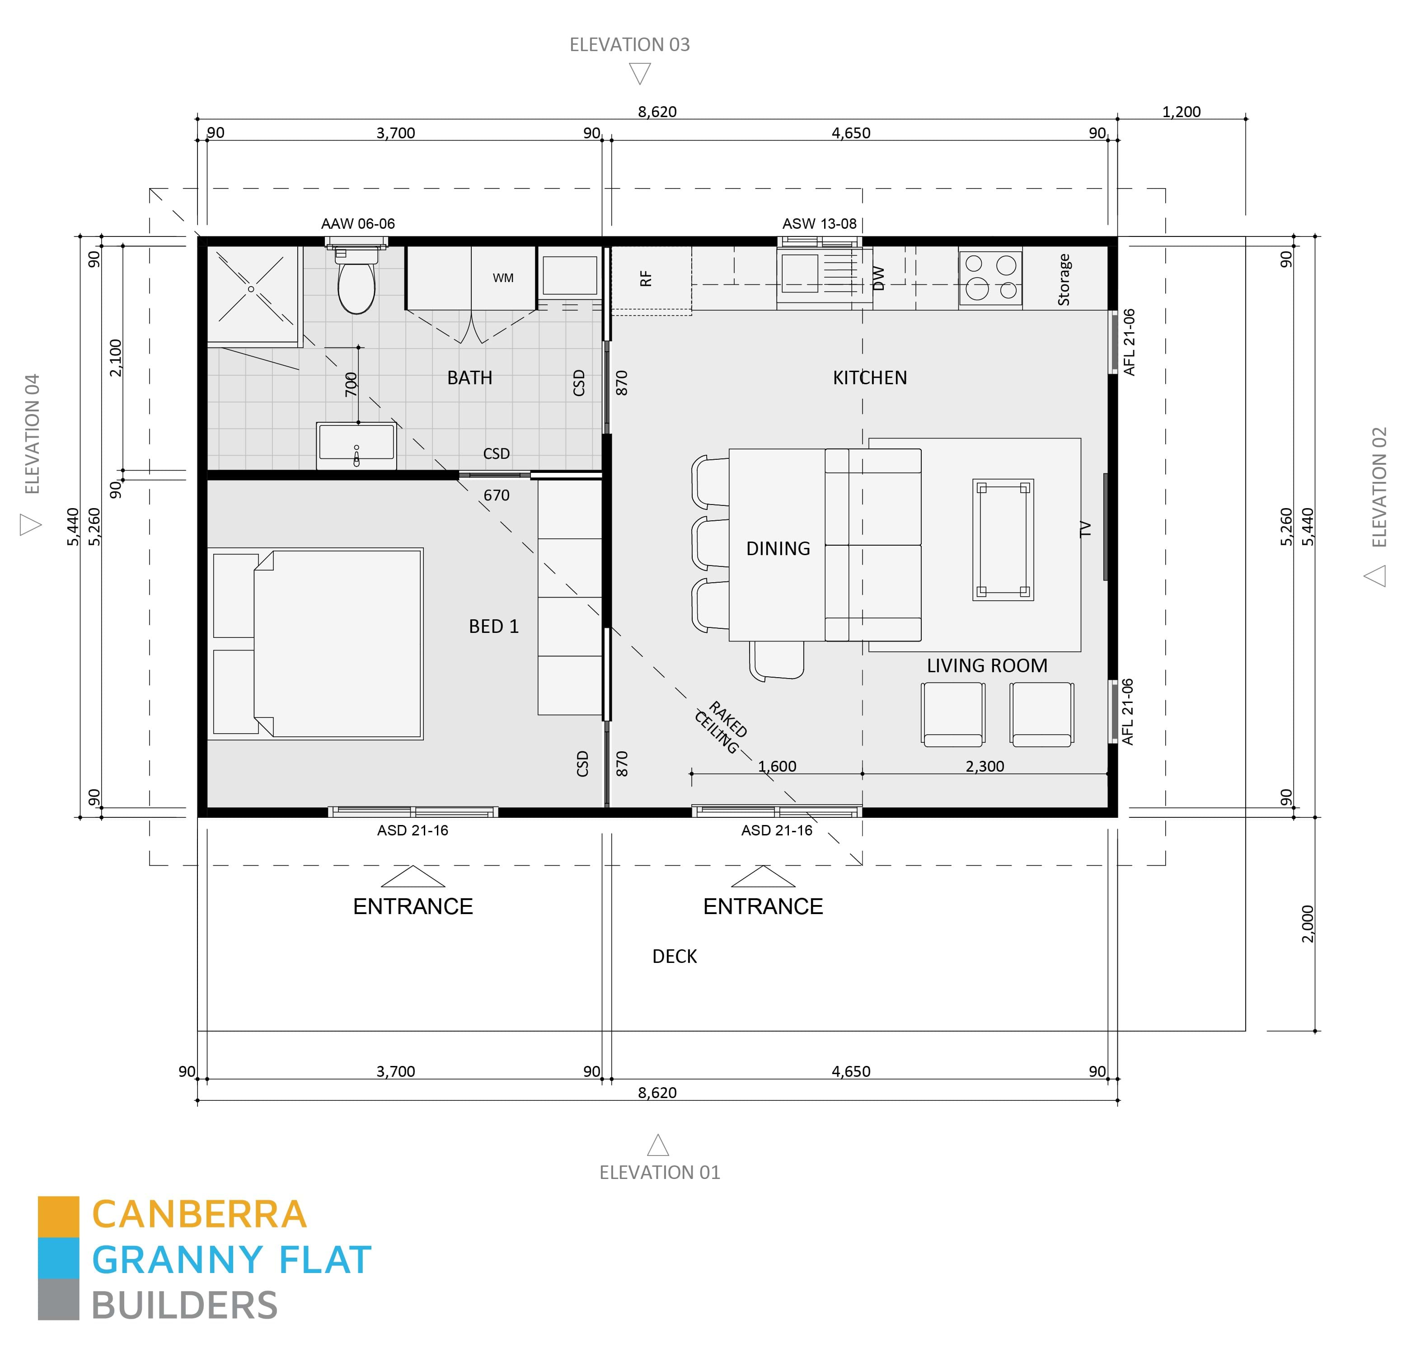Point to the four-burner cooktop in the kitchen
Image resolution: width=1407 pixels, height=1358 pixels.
point(991,278)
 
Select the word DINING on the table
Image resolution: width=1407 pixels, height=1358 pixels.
point(778,549)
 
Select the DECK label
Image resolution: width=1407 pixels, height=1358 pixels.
point(674,957)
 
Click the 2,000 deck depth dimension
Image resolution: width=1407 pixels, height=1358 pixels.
point(1307,924)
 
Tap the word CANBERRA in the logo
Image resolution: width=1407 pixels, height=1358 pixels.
point(200,1214)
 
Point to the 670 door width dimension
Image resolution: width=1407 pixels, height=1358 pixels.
point(496,495)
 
